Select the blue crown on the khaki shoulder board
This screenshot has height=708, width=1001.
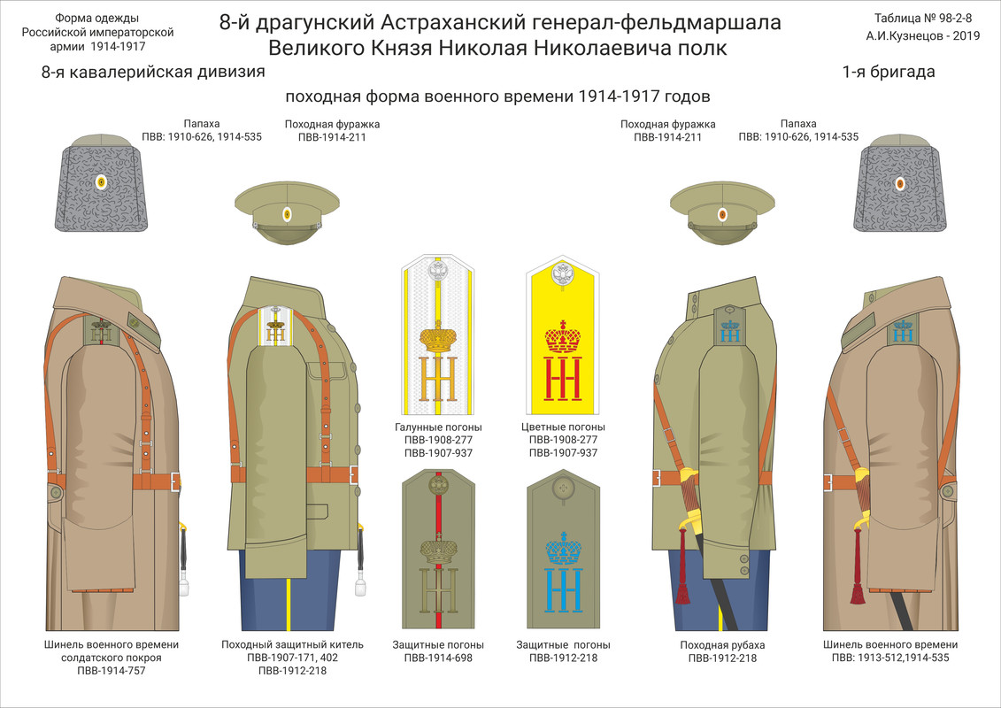(563, 549)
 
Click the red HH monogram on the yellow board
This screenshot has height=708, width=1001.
(563, 379)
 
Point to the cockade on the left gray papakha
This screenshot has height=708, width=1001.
(101, 182)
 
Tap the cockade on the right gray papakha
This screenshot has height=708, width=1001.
(900, 183)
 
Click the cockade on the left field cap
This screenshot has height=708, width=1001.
(286, 214)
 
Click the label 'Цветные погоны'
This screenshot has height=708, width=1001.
(563, 427)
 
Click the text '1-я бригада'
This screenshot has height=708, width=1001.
(888, 73)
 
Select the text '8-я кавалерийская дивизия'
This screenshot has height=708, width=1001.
(153, 73)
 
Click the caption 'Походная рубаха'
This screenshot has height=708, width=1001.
(722, 644)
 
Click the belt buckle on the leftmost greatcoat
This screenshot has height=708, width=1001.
(175, 481)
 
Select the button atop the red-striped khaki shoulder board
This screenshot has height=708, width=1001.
(438, 484)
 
